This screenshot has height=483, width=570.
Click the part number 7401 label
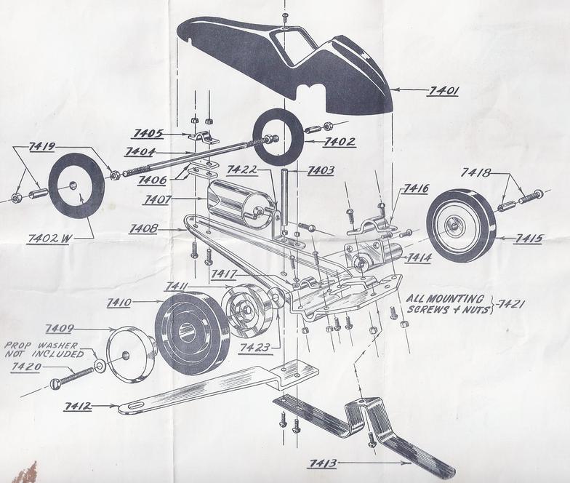(x=443, y=91)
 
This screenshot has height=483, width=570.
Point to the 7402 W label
(x=48, y=237)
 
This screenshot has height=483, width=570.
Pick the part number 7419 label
(x=41, y=146)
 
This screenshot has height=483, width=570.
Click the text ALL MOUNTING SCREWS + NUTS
(x=445, y=304)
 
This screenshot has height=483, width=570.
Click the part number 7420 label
(x=26, y=367)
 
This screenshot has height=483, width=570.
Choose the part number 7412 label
(x=79, y=406)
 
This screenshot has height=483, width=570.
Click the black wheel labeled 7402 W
(x=76, y=185)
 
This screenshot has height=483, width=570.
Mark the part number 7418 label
(x=476, y=172)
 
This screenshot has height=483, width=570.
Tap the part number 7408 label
(x=144, y=228)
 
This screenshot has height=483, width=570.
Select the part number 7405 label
(x=148, y=133)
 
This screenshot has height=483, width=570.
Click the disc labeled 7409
(x=131, y=354)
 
